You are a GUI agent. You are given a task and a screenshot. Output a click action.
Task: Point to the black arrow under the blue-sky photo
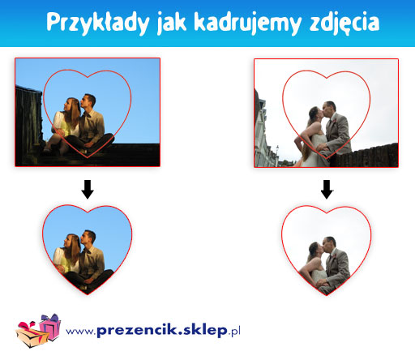[88, 189]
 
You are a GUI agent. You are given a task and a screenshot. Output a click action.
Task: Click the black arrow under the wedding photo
[327, 189]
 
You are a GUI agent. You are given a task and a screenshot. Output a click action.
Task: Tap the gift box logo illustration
[38, 330]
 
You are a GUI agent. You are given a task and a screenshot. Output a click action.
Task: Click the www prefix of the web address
[80, 332]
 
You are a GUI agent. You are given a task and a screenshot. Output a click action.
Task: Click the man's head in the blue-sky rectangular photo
[88, 101]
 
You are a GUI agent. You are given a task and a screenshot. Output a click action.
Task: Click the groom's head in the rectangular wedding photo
[330, 109]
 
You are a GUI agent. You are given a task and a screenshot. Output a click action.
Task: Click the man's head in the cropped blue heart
[88, 237]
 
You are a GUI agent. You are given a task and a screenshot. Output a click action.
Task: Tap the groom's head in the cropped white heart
[330, 244]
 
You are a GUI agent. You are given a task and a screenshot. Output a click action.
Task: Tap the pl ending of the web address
[236, 332]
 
